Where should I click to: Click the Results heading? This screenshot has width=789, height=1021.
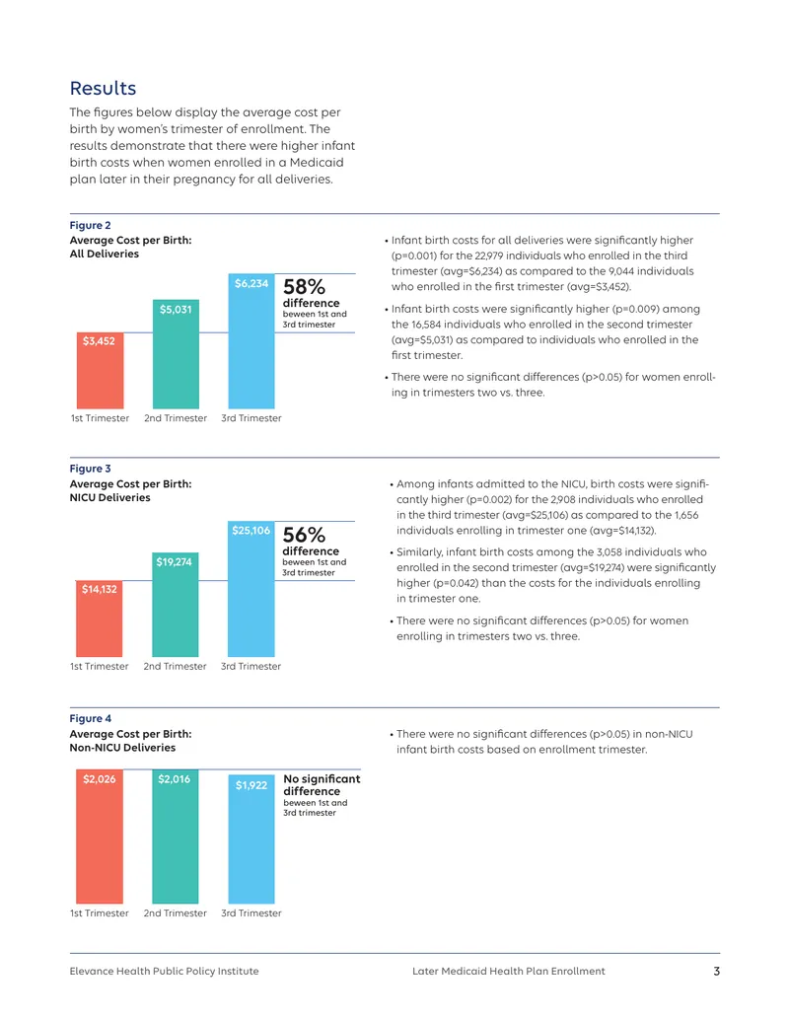pyautogui.click(x=103, y=88)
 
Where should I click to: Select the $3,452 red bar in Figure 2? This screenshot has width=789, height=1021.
pyautogui.click(x=101, y=371)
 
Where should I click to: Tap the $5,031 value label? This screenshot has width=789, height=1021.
pyautogui.click(x=176, y=310)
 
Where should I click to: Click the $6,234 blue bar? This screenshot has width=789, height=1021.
pyautogui.click(x=251, y=341)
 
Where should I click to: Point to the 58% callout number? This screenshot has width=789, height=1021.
pyautogui.click(x=304, y=286)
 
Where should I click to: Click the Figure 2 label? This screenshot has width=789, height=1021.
pyautogui.click(x=91, y=225)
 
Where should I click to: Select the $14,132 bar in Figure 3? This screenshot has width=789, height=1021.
pyautogui.click(x=99, y=619)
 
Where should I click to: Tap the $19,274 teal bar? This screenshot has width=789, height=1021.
pyautogui.click(x=176, y=605)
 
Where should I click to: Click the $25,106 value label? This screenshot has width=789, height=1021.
pyautogui.click(x=251, y=530)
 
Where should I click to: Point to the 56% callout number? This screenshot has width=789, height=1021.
pyautogui.click(x=304, y=535)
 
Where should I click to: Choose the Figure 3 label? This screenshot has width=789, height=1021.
pyautogui.click(x=91, y=469)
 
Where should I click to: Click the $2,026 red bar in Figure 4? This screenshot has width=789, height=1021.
pyautogui.click(x=100, y=837)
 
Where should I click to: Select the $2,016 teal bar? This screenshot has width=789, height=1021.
pyautogui.click(x=176, y=837)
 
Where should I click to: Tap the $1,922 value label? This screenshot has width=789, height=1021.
pyautogui.click(x=251, y=785)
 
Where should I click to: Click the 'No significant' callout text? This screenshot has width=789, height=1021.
pyautogui.click(x=322, y=778)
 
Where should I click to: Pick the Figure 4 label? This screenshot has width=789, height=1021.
pyautogui.click(x=91, y=719)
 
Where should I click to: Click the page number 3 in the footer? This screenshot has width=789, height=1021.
pyautogui.click(x=717, y=972)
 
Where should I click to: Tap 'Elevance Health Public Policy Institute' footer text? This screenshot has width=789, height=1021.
pyautogui.click(x=164, y=972)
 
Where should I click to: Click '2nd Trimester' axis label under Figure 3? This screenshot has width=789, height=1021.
pyautogui.click(x=176, y=667)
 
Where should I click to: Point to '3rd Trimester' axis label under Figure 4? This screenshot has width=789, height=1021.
pyautogui.click(x=251, y=913)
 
